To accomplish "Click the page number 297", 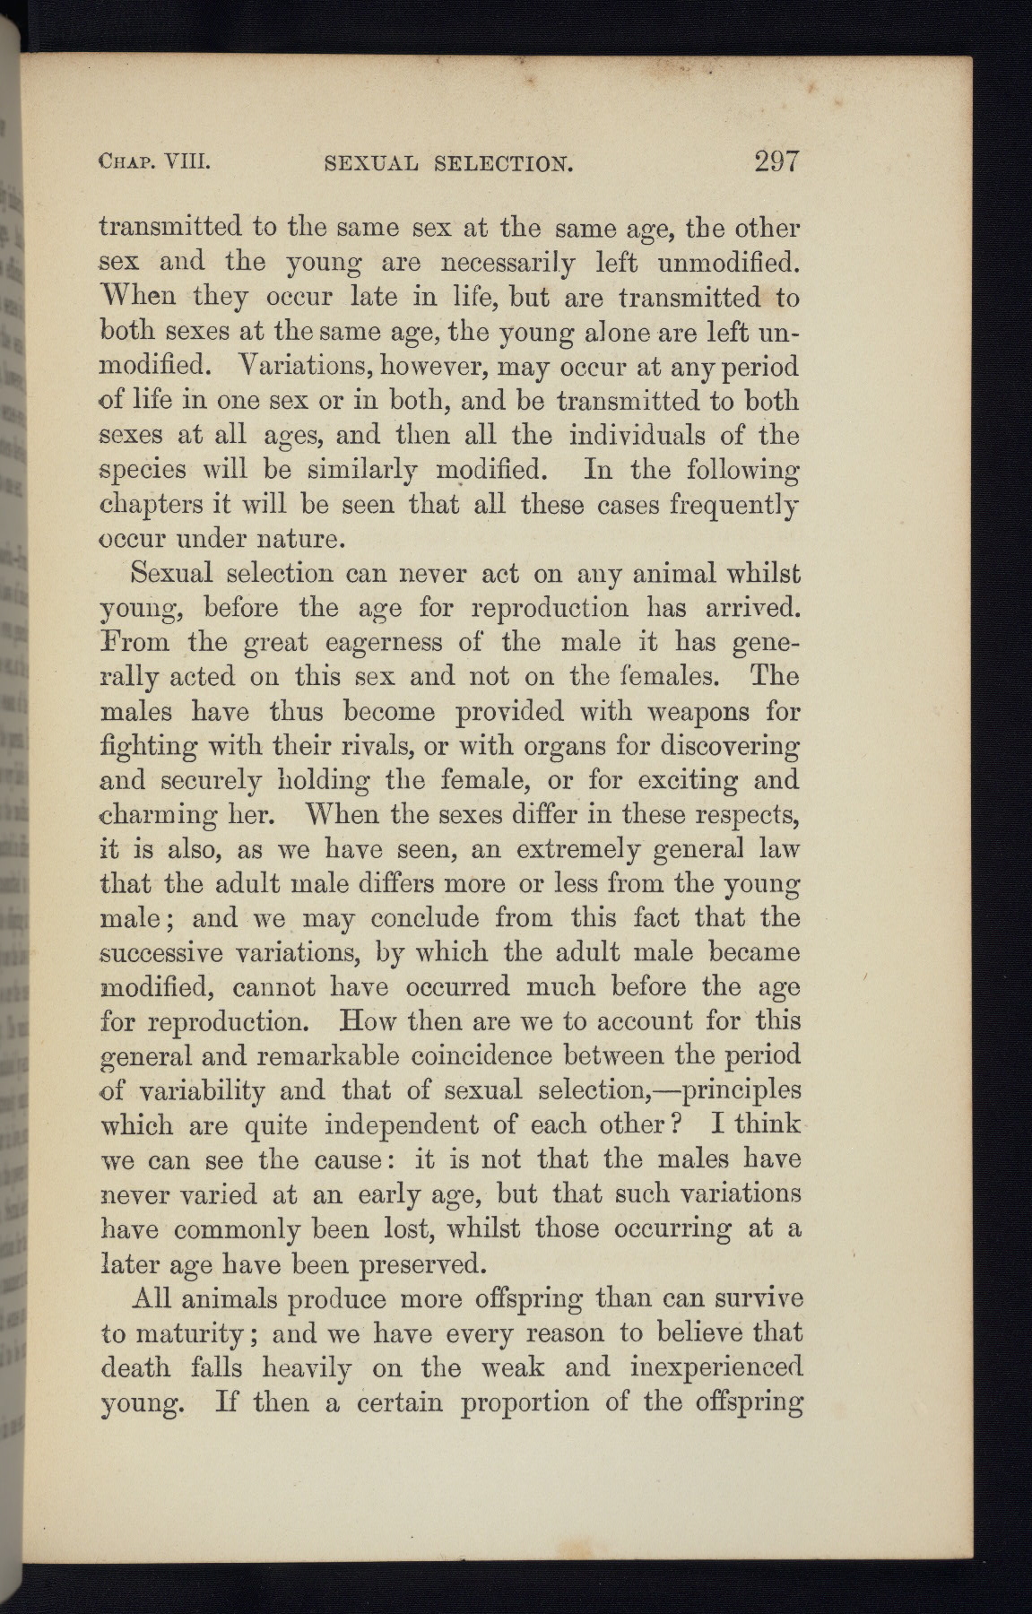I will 776,162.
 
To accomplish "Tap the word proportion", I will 524,1401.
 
